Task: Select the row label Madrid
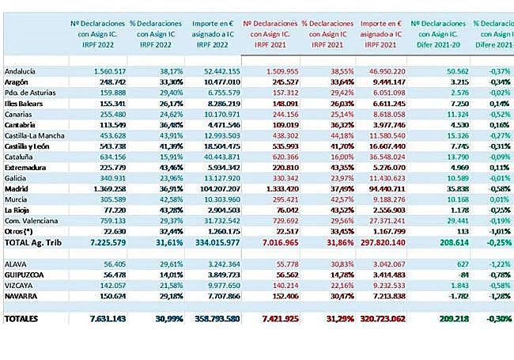pyautogui.click(x=17, y=189)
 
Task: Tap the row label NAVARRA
pyautogui.click(x=22, y=295)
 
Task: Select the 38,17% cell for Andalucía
pyautogui.click(x=161, y=70)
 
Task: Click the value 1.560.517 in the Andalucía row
pyautogui.click(x=102, y=70)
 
